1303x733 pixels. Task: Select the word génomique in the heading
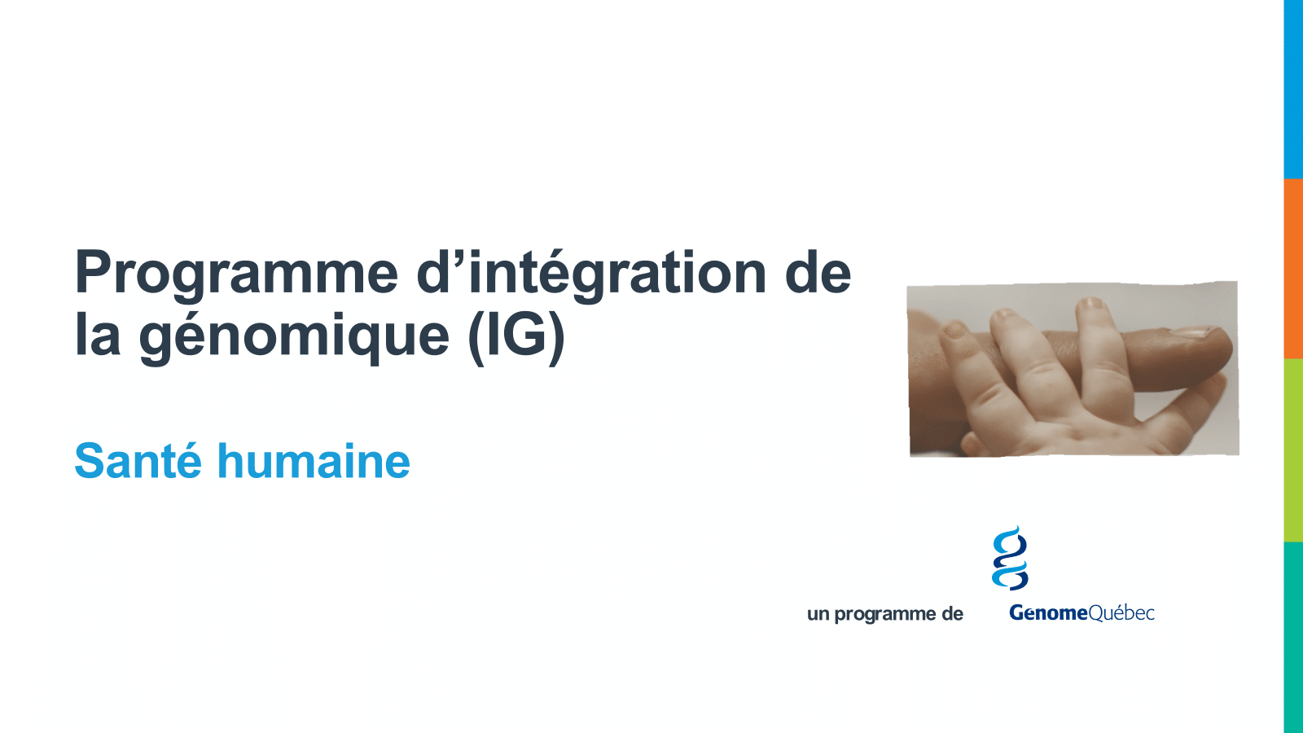click(x=294, y=336)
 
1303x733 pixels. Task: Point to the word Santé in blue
click(x=138, y=460)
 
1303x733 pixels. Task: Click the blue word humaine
click(x=314, y=460)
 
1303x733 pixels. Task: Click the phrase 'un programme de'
click(x=884, y=614)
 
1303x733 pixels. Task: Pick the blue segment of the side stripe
click(x=1293, y=89)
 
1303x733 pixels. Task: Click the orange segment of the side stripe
click(x=1293, y=269)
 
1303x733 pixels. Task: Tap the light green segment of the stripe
click(x=1293, y=450)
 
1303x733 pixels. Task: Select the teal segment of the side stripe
click(x=1293, y=638)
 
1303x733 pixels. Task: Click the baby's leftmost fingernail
click(x=954, y=330)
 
